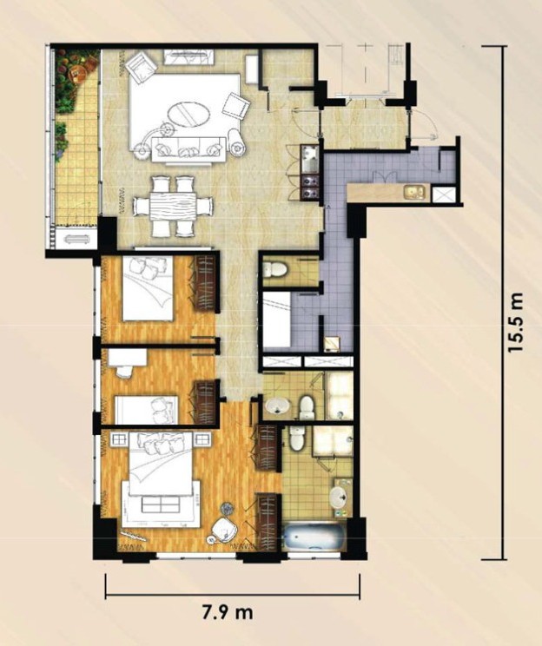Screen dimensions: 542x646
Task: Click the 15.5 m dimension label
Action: [x=516, y=322]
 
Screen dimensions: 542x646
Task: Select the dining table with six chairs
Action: [x=173, y=206]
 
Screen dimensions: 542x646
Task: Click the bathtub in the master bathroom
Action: [x=314, y=537]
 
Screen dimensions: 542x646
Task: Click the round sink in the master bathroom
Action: [x=340, y=496]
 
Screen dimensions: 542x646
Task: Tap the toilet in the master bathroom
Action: [x=297, y=438]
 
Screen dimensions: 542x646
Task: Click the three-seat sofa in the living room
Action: [x=189, y=149]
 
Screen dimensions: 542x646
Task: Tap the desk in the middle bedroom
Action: [x=128, y=358]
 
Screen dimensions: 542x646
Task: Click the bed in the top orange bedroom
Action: [x=148, y=288]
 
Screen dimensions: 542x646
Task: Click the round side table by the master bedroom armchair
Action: [x=227, y=510]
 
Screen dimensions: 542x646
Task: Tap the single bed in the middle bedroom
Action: [x=146, y=410]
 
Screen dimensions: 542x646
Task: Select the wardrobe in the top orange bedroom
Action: [x=205, y=283]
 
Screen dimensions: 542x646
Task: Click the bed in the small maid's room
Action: [x=277, y=319]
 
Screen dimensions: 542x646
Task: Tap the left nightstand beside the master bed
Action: [x=119, y=439]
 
